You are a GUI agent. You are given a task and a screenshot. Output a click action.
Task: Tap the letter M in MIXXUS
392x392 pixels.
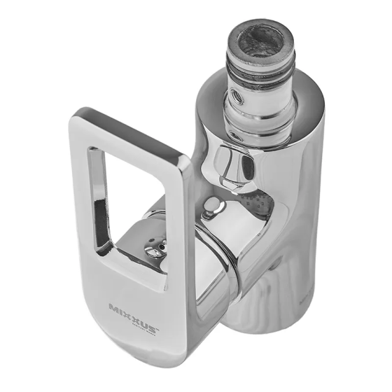click(114, 307)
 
